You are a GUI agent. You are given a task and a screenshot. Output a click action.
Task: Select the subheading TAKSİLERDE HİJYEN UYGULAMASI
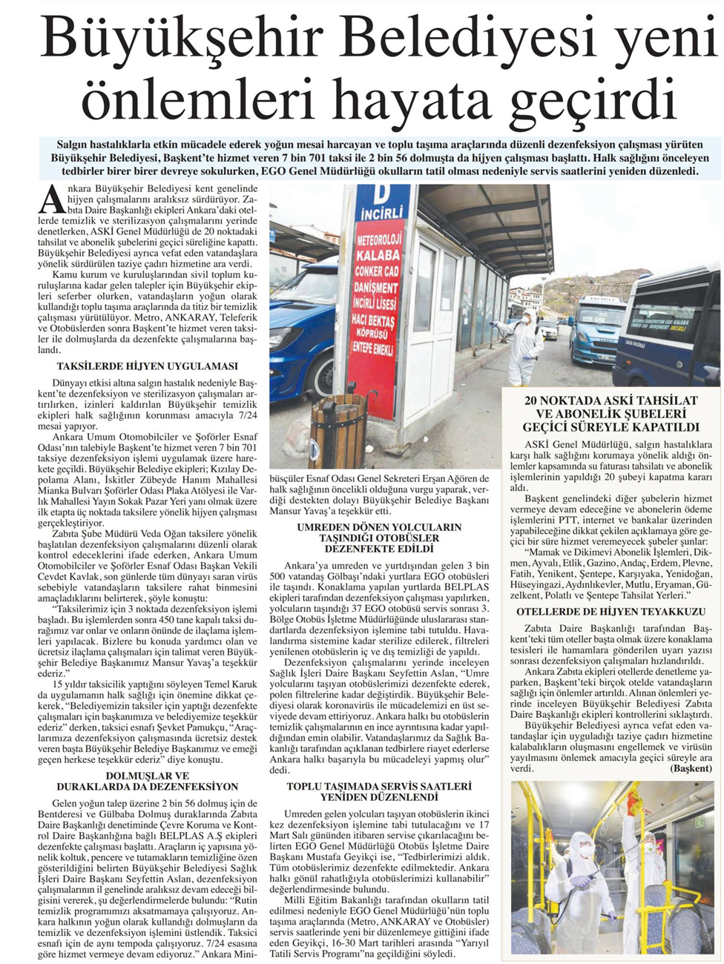pos(147,366)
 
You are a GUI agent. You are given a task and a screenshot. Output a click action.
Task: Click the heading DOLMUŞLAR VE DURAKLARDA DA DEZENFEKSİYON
pos(147,781)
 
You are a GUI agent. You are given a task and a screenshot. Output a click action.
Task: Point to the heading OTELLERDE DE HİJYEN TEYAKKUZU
pos(611,612)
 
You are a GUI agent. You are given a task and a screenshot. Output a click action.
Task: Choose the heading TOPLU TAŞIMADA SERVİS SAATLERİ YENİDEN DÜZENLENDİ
pos(379,791)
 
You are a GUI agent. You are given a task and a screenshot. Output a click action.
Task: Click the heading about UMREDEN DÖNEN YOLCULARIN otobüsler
pos(379,538)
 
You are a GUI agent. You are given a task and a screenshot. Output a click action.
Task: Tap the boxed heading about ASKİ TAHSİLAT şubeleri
pos(611,414)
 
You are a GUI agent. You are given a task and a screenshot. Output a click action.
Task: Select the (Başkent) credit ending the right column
pos(690,768)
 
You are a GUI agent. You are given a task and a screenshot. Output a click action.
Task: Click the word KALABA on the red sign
pos(378,254)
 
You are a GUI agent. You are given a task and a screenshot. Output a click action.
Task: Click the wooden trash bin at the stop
pos(338,429)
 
